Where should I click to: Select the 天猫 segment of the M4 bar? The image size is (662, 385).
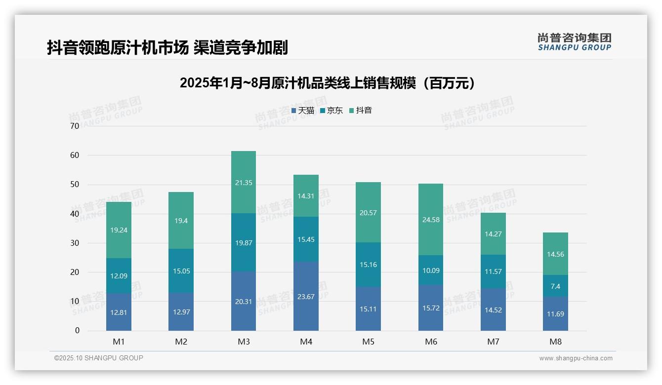point(306,296)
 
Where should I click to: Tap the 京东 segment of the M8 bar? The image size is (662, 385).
point(555,286)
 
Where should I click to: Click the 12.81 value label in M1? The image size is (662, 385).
point(119,312)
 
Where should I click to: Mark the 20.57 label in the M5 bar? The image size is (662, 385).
point(368,213)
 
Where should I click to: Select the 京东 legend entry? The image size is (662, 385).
point(331,111)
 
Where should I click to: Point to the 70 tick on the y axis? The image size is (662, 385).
point(75,126)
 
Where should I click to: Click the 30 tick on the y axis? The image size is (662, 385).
point(75,243)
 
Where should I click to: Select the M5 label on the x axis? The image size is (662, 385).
point(368,342)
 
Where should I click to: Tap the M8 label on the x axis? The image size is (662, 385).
point(555,342)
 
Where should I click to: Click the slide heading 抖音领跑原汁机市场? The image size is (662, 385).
point(167,47)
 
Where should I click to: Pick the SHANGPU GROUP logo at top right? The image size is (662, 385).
point(574,42)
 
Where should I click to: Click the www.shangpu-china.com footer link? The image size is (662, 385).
point(576,358)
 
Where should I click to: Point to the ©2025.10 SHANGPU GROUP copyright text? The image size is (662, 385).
point(99,358)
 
